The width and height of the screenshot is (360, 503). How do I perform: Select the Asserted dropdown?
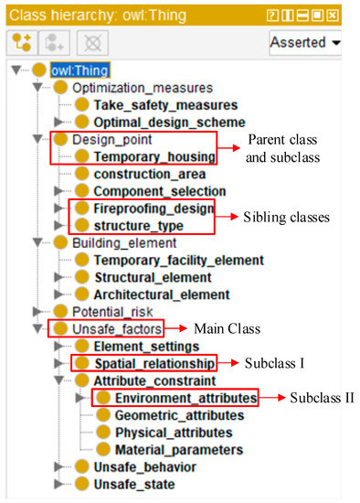[x=304, y=42]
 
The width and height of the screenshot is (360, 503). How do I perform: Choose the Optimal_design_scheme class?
[x=161, y=122]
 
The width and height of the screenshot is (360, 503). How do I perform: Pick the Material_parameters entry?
[x=178, y=450]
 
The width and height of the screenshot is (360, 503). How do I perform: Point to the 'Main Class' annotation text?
[x=226, y=327]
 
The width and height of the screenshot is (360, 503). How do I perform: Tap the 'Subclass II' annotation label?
[x=322, y=398]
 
